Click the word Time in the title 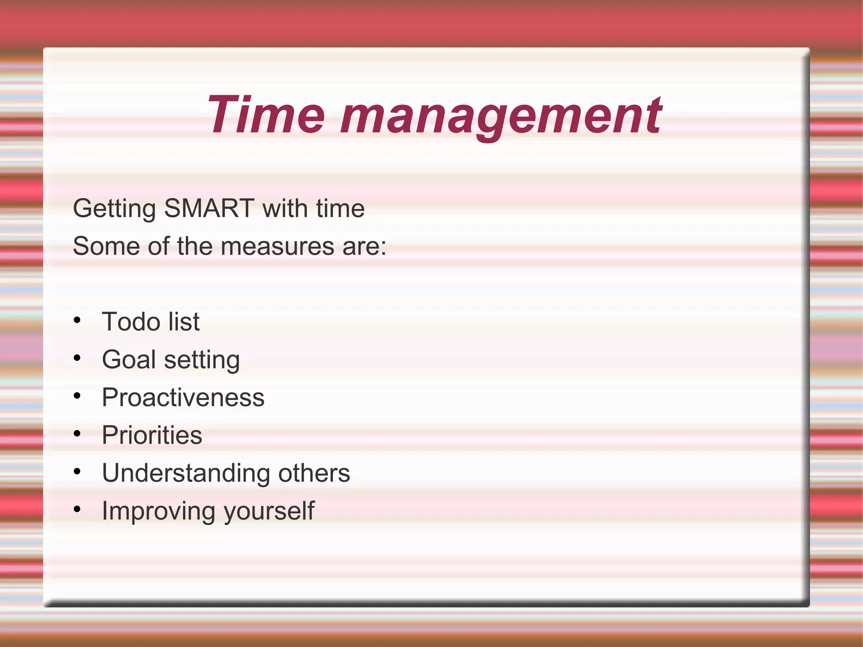(265, 115)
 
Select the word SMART (209, 208)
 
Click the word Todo (131, 322)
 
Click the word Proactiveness (183, 397)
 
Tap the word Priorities (152, 435)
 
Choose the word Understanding (186, 473)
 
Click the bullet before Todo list (77, 320)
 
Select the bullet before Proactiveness (77, 396)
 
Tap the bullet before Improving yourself (77, 509)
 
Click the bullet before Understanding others (77, 471)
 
